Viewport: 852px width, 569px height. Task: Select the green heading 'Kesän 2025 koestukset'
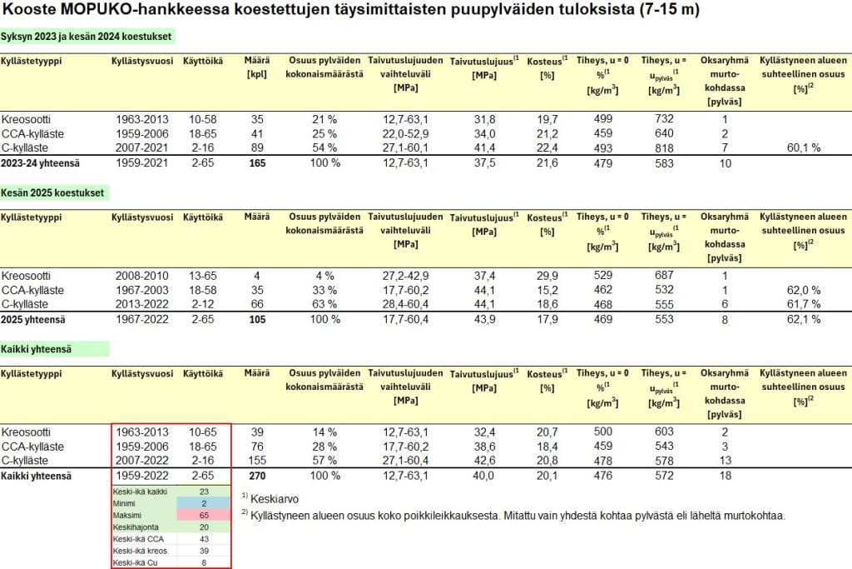[x=56, y=192]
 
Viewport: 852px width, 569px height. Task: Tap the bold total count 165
[x=257, y=163]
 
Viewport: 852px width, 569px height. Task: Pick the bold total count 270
[x=257, y=476]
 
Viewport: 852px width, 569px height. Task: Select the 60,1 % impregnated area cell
[x=804, y=147]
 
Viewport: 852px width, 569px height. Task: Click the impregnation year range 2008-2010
[x=142, y=276]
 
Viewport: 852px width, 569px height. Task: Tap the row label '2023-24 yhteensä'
[x=42, y=163]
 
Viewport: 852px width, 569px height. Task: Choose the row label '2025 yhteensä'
[x=36, y=320]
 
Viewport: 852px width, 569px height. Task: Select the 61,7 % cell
[x=804, y=304]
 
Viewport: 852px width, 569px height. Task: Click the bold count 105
[x=257, y=320]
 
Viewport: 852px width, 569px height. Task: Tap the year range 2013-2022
[x=142, y=304]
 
